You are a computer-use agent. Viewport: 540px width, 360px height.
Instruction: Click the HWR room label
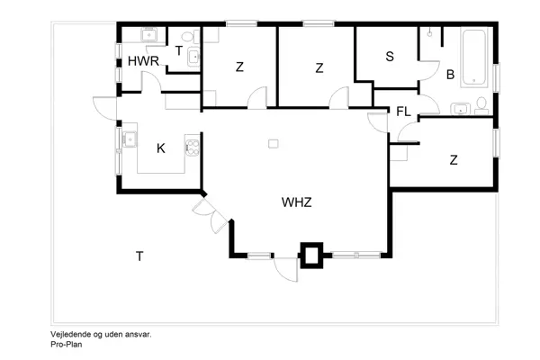coord(143,61)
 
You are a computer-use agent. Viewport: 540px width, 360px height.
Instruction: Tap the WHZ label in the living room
coord(296,202)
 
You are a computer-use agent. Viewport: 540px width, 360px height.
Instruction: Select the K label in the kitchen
coord(160,148)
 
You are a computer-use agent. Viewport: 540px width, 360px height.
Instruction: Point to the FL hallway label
coord(403,112)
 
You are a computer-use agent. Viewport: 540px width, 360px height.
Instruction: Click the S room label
coord(389,57)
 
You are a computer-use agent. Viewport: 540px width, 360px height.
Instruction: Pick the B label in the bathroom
coord(450,75)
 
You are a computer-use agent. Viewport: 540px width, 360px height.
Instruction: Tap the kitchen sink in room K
coord(130,139)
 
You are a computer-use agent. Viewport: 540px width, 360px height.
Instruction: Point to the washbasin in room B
coord(462,109)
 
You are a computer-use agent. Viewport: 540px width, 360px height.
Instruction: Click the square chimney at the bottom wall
coord(310,255)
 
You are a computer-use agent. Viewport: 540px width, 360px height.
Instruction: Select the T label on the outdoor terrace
coord(139,257)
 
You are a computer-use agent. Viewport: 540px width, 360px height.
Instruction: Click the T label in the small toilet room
coord(179,51)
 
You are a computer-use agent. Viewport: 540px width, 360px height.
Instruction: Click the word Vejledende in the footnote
coord(71,334)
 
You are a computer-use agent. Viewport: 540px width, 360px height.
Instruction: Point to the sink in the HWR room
coord(150,35)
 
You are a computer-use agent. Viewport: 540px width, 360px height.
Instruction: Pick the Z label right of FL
coord(454,160)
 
